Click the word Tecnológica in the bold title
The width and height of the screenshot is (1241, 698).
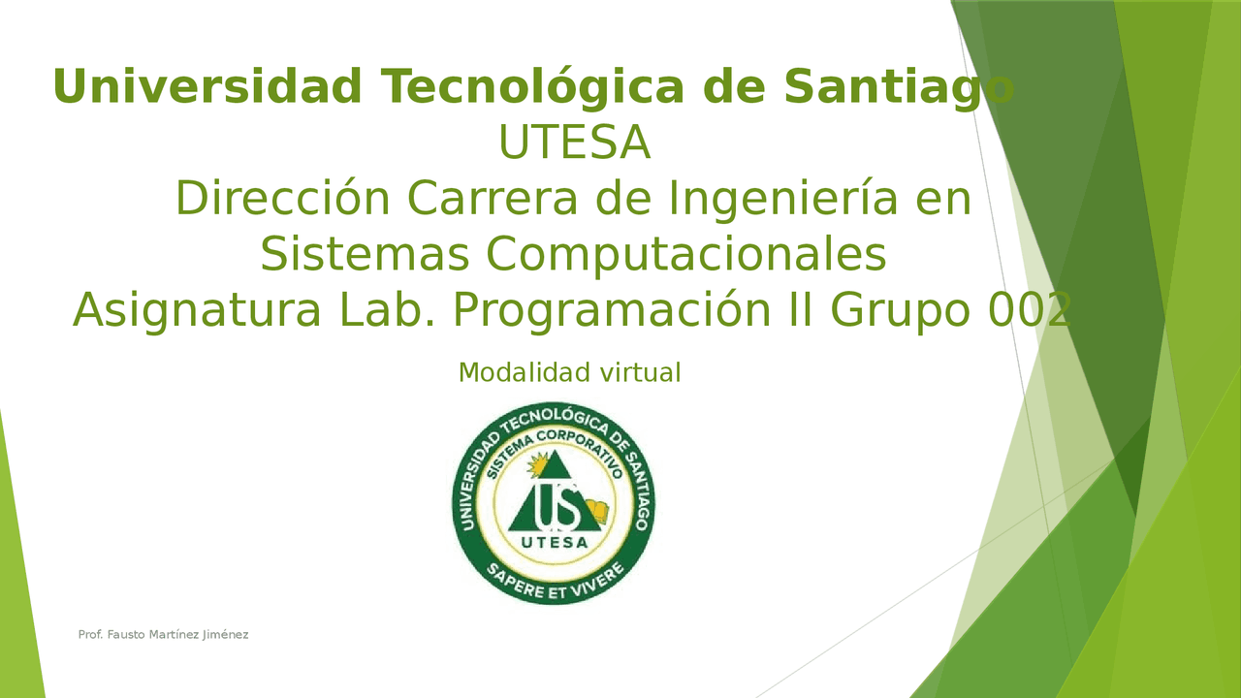click(x=533, y=87)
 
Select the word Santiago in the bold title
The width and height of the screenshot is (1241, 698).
click(x=899, y=87)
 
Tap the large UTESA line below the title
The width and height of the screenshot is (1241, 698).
click(x=575, y=143)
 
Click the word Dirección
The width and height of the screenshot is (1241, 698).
click(x=283, y=198)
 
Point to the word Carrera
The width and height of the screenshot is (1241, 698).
click(x=493, y=199)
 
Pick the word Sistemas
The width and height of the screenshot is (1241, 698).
click(x=366, y=254)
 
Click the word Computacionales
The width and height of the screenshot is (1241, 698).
click(x=685, y=256)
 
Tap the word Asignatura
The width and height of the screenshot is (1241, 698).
click(x=197, y=311)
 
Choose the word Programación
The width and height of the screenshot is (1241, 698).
click(x=612, y=311)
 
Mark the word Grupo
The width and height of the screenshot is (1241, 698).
click(x=901, y=311)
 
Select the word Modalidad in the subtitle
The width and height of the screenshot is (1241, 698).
click(x=525, y=372)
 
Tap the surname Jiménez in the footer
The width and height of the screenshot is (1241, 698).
click(x=226, y=635)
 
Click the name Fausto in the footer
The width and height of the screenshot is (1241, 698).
click(x=126, y=635)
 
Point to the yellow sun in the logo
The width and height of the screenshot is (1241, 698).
click(x=537, y=464)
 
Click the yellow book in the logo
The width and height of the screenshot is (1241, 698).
click(x=597, y=510)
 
